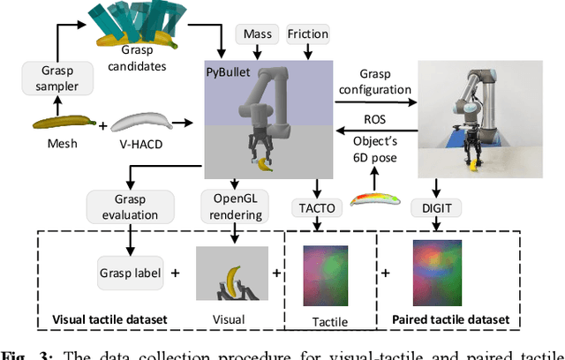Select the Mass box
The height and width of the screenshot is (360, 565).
point(258,35)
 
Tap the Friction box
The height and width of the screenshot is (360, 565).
point(306,35)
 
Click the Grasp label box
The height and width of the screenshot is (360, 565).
point(130,273)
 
